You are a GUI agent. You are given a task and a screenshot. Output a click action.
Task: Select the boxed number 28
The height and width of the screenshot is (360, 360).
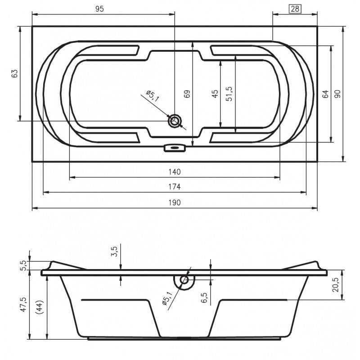point(295,9)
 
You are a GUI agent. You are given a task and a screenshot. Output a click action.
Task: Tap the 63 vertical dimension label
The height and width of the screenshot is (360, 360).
point(14,73)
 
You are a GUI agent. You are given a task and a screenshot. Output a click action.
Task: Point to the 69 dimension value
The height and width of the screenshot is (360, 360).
point(187,94)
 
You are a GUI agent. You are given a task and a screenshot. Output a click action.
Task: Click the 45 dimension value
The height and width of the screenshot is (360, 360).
point(215,94)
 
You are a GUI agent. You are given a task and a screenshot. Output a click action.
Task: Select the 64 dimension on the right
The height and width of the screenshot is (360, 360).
point(325,94)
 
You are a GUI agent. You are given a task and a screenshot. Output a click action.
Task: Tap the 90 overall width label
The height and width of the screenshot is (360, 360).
point(337,94)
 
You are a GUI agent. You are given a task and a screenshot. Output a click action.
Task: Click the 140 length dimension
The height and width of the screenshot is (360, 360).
point(175,171)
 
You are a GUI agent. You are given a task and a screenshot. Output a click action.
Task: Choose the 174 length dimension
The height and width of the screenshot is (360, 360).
point(175,186)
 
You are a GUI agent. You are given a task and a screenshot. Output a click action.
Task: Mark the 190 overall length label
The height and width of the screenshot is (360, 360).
point(175,202)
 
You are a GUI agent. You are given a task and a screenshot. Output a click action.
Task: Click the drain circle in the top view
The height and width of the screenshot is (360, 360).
point(175,121)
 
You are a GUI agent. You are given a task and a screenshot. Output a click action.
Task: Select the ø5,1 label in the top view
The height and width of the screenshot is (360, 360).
point(153,96)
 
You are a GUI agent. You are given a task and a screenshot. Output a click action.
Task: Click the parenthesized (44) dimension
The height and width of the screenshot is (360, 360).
point(41,308)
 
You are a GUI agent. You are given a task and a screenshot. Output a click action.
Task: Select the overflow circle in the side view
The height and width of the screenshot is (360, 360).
point(184,280)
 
